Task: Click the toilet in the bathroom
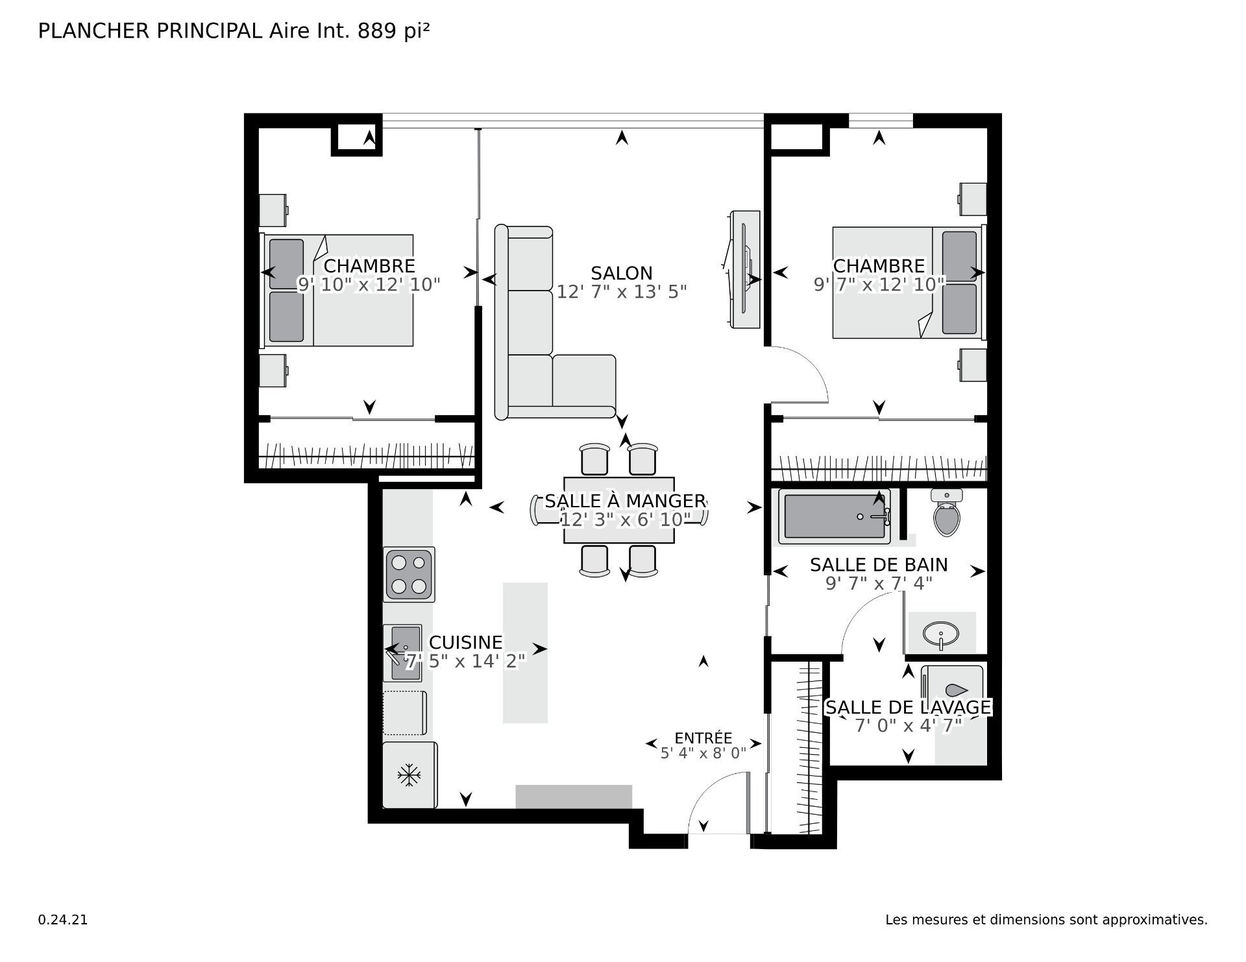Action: [946, 512]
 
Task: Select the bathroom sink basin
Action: [941, 632]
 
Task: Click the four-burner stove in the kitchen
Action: [409, 575]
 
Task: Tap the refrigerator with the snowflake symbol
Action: [409, 775]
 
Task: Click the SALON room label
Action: [622, 273]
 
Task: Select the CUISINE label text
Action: [466, 642]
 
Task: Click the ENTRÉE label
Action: [703, 738]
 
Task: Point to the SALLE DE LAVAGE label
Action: [908, 707]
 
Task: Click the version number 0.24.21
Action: [63, 920]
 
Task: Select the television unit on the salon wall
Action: [744, 269]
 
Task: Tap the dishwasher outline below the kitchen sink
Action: [404, 713]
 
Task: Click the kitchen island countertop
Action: [525, 653]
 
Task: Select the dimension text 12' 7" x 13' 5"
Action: [622, 292]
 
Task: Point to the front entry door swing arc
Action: [707, 786]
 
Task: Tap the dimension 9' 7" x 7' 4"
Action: [879, 583]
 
